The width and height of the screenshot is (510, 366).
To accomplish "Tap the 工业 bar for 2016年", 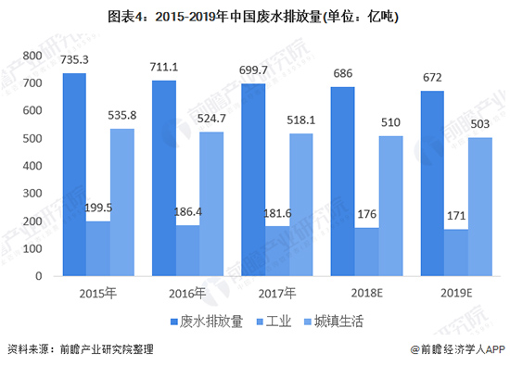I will coord(187,250).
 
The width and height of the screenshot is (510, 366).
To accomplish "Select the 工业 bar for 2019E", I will coord(455,252).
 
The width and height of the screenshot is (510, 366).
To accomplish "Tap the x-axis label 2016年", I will coord(187,294).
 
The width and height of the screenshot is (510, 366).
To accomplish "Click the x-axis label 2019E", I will coord(455,294).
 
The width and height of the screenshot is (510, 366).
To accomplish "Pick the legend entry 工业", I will coord(279,322).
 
